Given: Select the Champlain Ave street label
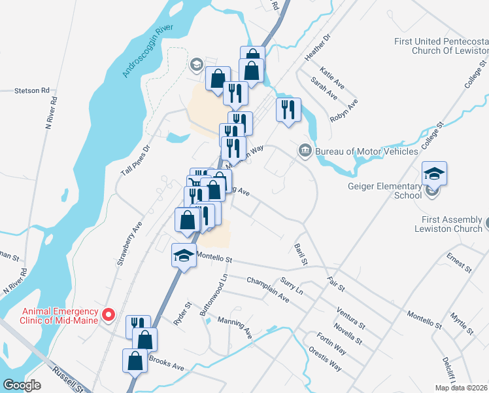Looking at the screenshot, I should point(268,289).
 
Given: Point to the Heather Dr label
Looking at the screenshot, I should point(317,48).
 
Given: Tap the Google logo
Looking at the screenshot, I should point(22,385).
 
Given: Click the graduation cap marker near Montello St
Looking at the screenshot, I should point(184,255).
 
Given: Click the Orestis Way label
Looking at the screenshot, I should point(325,359).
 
